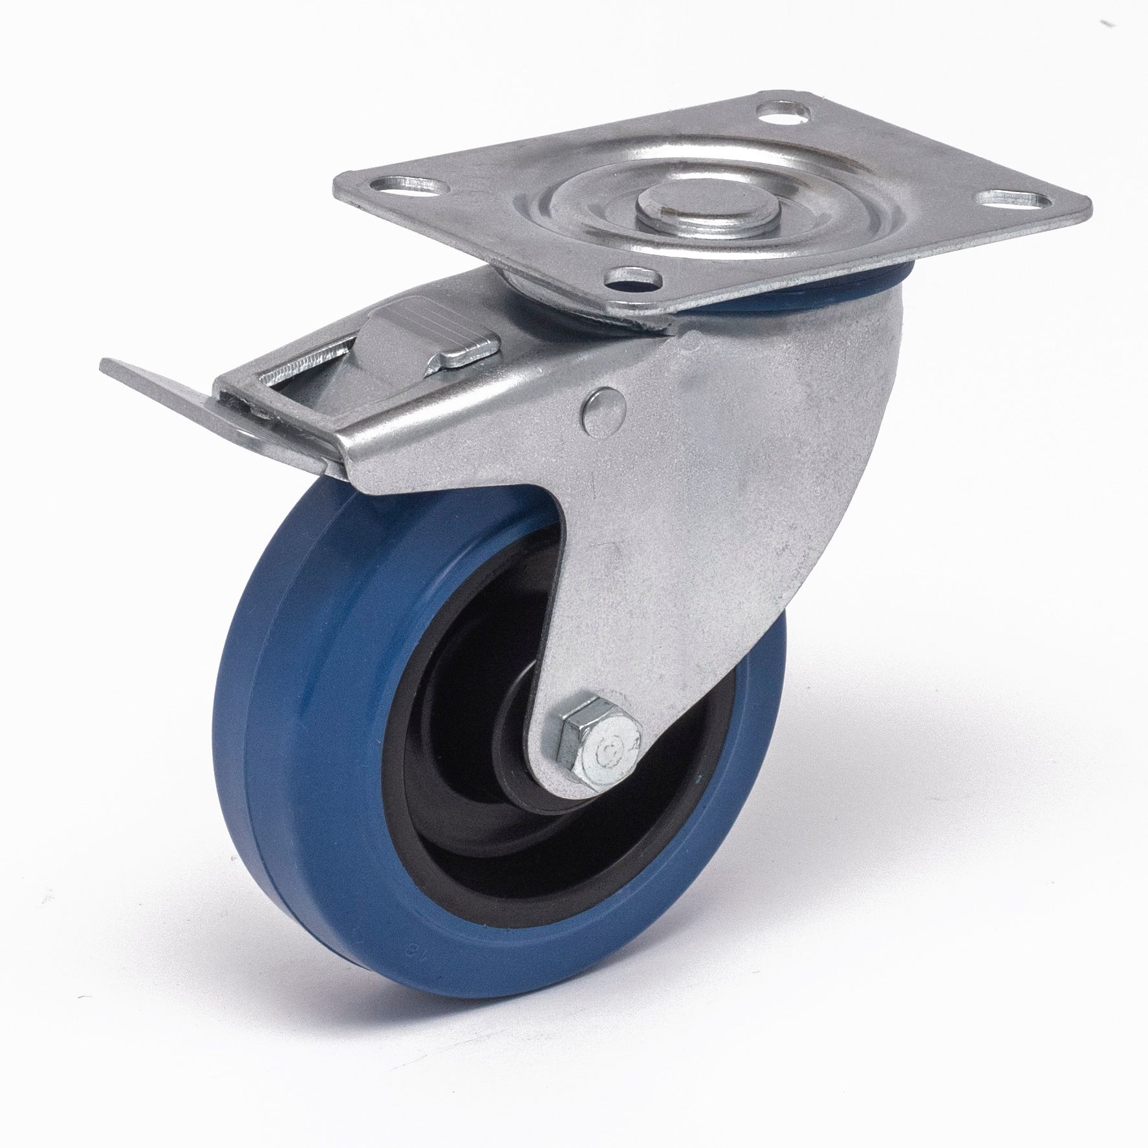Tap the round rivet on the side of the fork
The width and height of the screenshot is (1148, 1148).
605,409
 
